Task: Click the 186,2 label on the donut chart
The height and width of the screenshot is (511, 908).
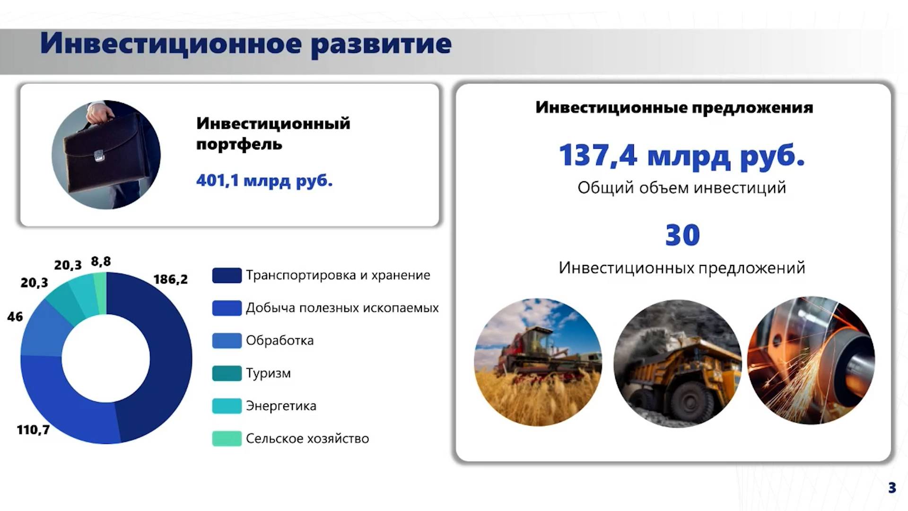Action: click(x=170, y=280)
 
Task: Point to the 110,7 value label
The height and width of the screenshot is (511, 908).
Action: click(x=33, y=430)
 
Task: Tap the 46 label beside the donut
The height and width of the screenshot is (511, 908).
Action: click(x=15, y=317)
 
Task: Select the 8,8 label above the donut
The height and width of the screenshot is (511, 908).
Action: click(x=101, y=261)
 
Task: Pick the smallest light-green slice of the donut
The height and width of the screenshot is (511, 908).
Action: click(x=100, y=293)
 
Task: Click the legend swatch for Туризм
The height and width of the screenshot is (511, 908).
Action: click(x=227, y=373)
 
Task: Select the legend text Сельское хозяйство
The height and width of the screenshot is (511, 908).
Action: click(x=307, y=439)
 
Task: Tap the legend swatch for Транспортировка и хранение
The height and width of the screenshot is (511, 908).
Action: click(x=227, y=275)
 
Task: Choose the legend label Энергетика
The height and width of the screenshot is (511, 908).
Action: click(x=281, y=406)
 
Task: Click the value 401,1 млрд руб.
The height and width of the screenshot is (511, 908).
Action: click(x=264, y=180)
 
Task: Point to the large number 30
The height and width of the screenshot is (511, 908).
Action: click(x=682, y=235)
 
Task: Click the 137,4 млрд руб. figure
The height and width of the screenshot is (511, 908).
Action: click(x=681, y=155)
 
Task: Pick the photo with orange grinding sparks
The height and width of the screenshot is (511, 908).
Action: click(x=811, y=361)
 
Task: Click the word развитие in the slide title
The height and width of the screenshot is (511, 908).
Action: click(x=381, y=44)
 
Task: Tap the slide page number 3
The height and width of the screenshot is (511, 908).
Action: click(x=891, y=487)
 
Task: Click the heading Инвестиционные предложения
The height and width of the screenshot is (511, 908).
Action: click(x=674, y=107)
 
